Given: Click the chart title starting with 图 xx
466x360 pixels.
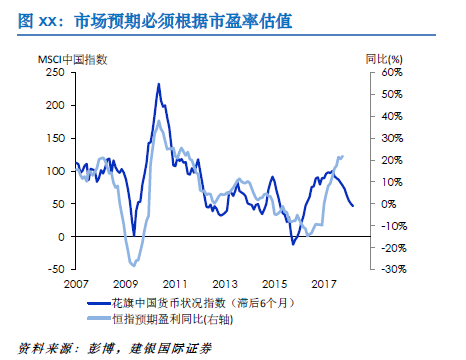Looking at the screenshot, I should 150,20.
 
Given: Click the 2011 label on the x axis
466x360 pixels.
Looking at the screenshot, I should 176,283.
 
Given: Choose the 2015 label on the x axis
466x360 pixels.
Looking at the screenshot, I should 274,283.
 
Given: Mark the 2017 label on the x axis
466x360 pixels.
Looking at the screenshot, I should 323,283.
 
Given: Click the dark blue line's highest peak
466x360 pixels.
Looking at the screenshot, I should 158,84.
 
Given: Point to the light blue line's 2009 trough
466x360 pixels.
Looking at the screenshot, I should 131,263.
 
